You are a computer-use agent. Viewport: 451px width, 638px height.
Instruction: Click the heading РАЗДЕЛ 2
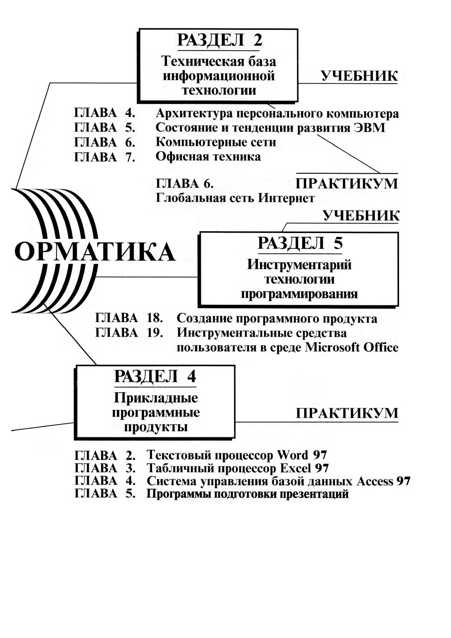point(219,40)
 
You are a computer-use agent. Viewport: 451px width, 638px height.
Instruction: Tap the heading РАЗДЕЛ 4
point(155,376)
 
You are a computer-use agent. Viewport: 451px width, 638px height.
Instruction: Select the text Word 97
point(302,455)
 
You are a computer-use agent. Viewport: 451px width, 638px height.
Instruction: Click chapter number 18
point(155,318)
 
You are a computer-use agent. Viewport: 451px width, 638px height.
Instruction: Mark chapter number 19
point(155,333)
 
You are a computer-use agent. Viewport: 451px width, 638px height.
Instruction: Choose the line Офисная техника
point(208,157)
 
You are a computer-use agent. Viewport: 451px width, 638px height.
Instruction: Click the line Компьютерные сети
point(216,142)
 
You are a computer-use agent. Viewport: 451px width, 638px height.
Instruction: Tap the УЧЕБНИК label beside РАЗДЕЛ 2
point(359,76)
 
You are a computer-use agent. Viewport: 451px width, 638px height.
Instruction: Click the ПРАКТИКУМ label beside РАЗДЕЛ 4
point(347,413)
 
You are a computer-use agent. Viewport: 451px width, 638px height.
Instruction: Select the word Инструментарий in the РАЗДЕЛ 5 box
point(299,265)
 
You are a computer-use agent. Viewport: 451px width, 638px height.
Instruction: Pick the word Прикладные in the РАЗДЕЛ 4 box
point(156,398)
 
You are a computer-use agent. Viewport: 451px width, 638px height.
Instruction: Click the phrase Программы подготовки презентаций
point(247,494)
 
